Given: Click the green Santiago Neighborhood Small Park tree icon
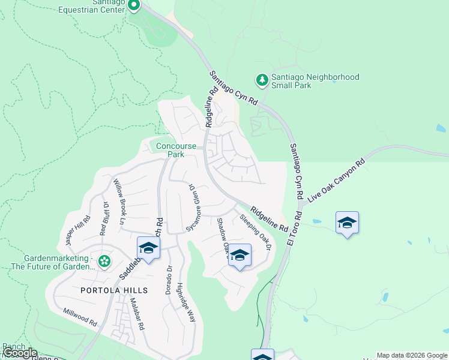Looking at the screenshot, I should [262, 79].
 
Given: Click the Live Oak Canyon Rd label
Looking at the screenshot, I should [336, 180].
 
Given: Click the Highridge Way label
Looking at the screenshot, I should [186, 302].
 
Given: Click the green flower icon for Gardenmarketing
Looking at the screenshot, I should [104, 260].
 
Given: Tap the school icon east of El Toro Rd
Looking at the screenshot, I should [347, 223].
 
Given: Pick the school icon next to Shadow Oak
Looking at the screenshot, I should [240, 255].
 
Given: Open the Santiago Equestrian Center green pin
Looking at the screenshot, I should [133, 5].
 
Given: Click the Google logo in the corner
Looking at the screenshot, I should [19, 353].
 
